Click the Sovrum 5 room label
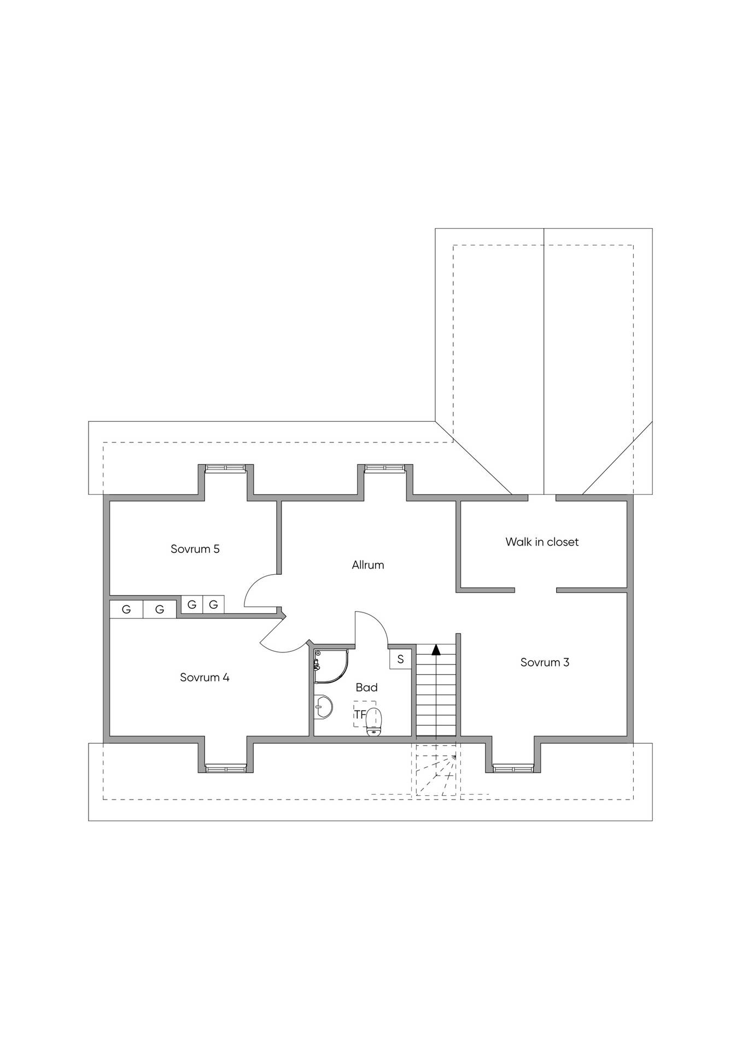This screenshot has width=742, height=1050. [x=195, y=549]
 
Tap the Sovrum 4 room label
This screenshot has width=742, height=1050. [x=205, y=678]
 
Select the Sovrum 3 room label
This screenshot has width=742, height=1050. [x=545, y=662]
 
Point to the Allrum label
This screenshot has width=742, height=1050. [x=367, y=565]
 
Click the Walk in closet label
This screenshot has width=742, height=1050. [x=542, y=542]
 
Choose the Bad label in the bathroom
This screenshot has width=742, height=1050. [x=366, y=687]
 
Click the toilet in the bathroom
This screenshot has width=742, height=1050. [x=374, y=721]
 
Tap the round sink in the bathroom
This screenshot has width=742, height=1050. [x=324, y=708]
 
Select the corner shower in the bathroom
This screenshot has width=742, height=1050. [x=331, y=666]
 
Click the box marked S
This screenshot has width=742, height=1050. [x=400, y=659]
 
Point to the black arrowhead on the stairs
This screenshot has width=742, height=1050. [x=436, y=650]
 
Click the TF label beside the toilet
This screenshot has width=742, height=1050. [x=360, y=714]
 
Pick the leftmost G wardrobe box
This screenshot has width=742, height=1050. [x=126, y=609]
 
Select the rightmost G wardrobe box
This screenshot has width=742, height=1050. [x=213, y=604]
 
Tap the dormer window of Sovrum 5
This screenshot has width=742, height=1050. [x=224, y=468]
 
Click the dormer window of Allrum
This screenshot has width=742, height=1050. [x=384, y=468]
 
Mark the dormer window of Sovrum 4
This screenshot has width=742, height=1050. [x=226, y=768]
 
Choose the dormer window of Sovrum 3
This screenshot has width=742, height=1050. [x=513, y=768]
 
